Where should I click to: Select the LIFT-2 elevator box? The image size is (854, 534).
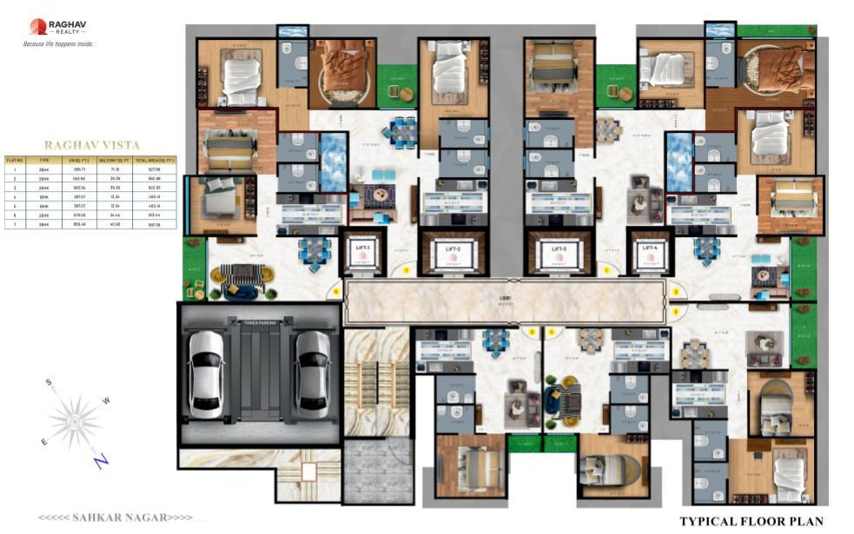452,254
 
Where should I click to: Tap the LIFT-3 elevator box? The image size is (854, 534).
558,254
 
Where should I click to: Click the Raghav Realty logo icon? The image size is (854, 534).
38,27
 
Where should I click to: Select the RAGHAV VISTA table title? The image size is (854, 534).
92,146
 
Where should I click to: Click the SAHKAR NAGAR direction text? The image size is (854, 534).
115,518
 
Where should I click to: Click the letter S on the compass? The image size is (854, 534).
50,382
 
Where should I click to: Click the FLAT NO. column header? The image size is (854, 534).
15,161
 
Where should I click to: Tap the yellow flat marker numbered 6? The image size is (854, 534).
336,292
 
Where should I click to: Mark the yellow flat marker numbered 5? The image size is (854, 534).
533,332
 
